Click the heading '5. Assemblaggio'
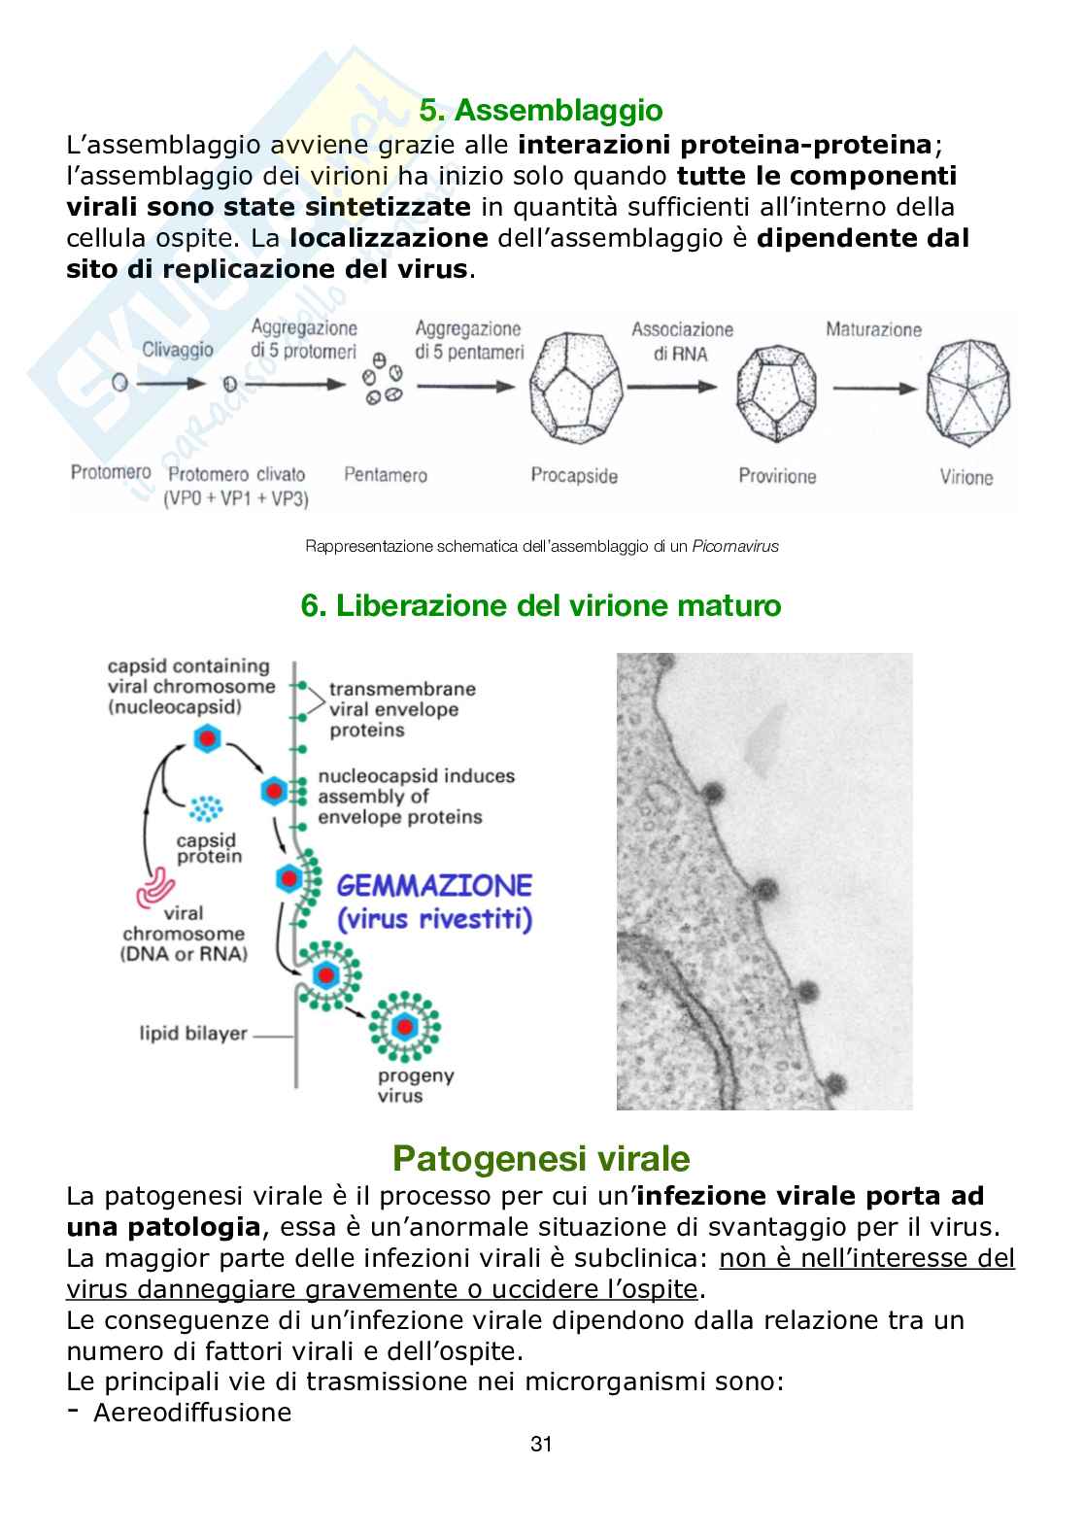click(540, 111)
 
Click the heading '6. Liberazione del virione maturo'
click(541, 605)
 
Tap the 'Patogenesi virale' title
click(541, 1158)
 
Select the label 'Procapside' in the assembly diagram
click(574, 475)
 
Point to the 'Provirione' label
click(777, 476)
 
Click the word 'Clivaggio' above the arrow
click(178, 350)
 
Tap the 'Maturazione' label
click(873, 329)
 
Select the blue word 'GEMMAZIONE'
click(434, 885)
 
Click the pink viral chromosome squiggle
click(158, 885)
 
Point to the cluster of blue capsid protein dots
click(205, 808)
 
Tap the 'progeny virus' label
click(417, 1085)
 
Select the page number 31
click(541, 1472)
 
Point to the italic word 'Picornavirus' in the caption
click(735, 547)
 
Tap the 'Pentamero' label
click(386, 475)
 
